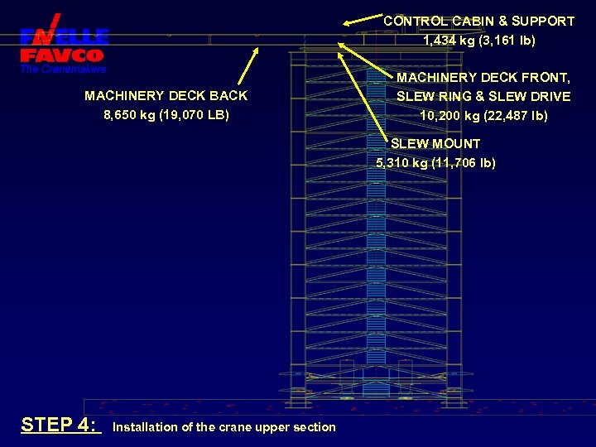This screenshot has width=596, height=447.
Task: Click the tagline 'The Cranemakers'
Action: coord(64,69)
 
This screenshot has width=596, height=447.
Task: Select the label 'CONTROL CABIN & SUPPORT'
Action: coord(478,21)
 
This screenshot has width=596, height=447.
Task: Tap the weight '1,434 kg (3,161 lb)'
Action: coord(478,40)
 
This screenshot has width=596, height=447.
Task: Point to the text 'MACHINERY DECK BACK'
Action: coord(166,96)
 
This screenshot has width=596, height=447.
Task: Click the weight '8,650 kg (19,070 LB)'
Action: coord(166,115)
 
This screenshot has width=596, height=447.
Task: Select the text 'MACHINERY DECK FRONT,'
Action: coord(483,77)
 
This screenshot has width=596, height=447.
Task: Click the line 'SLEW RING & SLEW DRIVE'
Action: coord(483,96)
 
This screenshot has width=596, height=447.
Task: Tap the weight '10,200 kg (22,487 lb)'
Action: coord(483,115)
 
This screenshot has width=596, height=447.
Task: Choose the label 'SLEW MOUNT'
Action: coord(435,143)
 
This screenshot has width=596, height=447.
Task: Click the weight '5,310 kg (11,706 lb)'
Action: coord(435,162)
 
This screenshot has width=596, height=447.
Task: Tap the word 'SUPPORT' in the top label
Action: coord(543,21)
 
